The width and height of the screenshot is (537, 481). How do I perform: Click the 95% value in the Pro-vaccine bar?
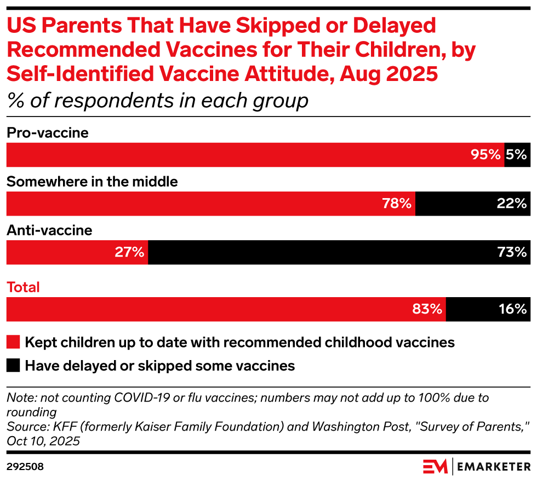(485, 155)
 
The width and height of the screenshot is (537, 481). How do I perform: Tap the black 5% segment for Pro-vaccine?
(517, 155)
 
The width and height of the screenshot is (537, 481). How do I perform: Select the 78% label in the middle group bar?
(397, 204)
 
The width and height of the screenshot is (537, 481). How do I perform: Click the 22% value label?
(512, 204)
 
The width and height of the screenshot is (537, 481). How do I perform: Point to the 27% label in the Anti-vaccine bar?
(129, 252)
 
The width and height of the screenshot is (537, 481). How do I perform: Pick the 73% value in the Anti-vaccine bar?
(512, 252)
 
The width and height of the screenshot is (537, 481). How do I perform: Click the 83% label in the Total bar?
(427, 309)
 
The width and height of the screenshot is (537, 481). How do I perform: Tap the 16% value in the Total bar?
(513, 309)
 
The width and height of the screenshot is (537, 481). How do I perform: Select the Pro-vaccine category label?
(48, 133)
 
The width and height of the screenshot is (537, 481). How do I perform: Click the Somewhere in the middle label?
(92, 182)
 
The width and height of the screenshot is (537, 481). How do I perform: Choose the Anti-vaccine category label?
(50, 230)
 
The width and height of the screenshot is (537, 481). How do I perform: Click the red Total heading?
(23, 287)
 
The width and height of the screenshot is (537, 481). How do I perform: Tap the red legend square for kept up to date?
(13, 342)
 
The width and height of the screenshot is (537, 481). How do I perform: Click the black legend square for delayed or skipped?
(13, 366)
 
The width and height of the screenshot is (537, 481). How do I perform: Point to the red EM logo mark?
(435, 467)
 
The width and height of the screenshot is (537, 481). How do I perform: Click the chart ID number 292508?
(25, 467)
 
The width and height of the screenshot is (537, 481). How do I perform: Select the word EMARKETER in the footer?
(494, 467)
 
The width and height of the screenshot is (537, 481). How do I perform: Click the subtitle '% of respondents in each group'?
(158, 101)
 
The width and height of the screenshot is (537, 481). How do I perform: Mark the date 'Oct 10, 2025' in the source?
(43, 441)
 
